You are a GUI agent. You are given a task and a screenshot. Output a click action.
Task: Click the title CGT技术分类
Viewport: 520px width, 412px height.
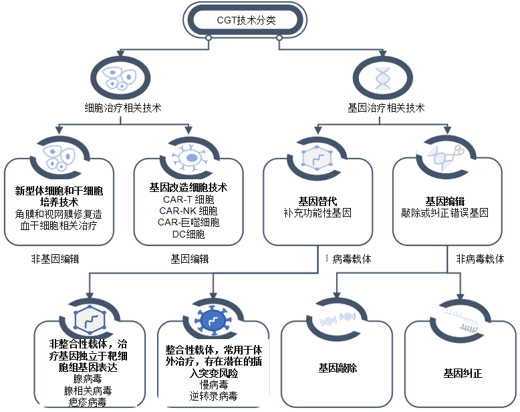(246, 20)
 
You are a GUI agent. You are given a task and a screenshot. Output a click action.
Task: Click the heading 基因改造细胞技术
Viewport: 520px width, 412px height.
(189, 187)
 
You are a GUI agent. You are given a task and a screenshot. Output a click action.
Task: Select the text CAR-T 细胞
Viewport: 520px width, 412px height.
(188, 199)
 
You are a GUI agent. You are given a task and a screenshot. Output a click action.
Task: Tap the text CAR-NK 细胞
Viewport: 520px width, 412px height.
(190, 211)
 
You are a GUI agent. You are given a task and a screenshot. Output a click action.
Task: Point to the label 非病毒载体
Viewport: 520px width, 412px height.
(481, 259)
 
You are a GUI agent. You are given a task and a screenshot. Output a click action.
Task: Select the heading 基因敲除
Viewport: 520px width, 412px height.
(338, 368)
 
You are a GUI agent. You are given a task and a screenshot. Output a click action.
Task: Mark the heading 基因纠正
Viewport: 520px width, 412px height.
(463, 374)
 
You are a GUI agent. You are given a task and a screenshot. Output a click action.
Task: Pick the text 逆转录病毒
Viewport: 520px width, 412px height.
(214, 397)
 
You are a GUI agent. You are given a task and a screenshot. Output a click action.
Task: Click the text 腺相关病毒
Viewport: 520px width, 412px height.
(88, 391)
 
